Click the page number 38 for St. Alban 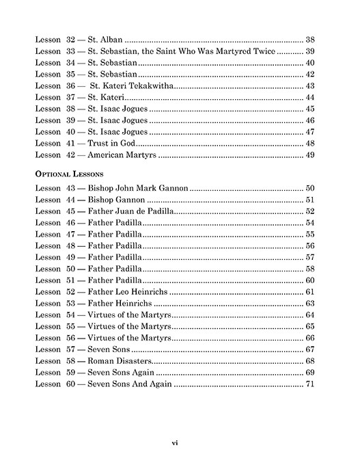pyautogui.click(x=309, y=40)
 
